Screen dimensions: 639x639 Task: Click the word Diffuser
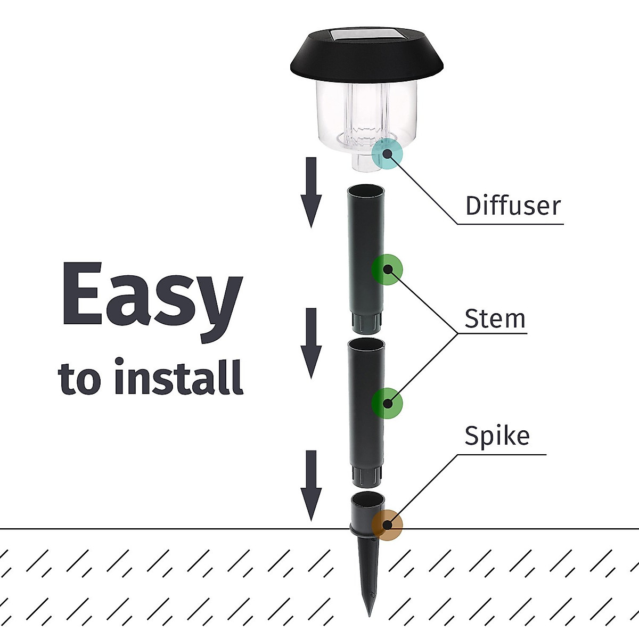(513, 206)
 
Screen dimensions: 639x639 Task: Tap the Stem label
(495, 318)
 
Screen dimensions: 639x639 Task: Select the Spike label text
(497, 436)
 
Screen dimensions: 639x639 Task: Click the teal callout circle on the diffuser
(387, 153)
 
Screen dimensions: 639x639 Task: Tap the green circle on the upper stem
(387, 269)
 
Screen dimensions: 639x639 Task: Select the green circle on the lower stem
(387, 403)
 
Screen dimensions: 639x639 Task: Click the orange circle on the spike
(387, 525)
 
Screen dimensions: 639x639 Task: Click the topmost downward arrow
(311, 192)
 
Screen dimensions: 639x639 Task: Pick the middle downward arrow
(311, 342)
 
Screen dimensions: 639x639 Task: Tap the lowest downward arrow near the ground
(311, 485)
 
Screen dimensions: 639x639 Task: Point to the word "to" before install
(80, 379)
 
